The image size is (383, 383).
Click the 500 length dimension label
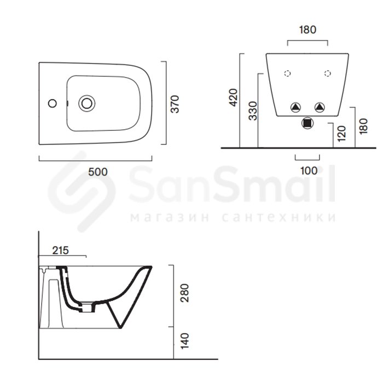98,172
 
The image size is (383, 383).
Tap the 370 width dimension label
175,104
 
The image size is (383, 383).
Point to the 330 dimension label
253,111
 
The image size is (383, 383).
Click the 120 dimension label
341,134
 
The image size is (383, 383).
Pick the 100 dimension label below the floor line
309,171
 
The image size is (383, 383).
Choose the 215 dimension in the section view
61,251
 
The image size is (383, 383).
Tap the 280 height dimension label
185,293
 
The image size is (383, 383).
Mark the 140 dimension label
185,341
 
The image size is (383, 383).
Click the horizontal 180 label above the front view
307,30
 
